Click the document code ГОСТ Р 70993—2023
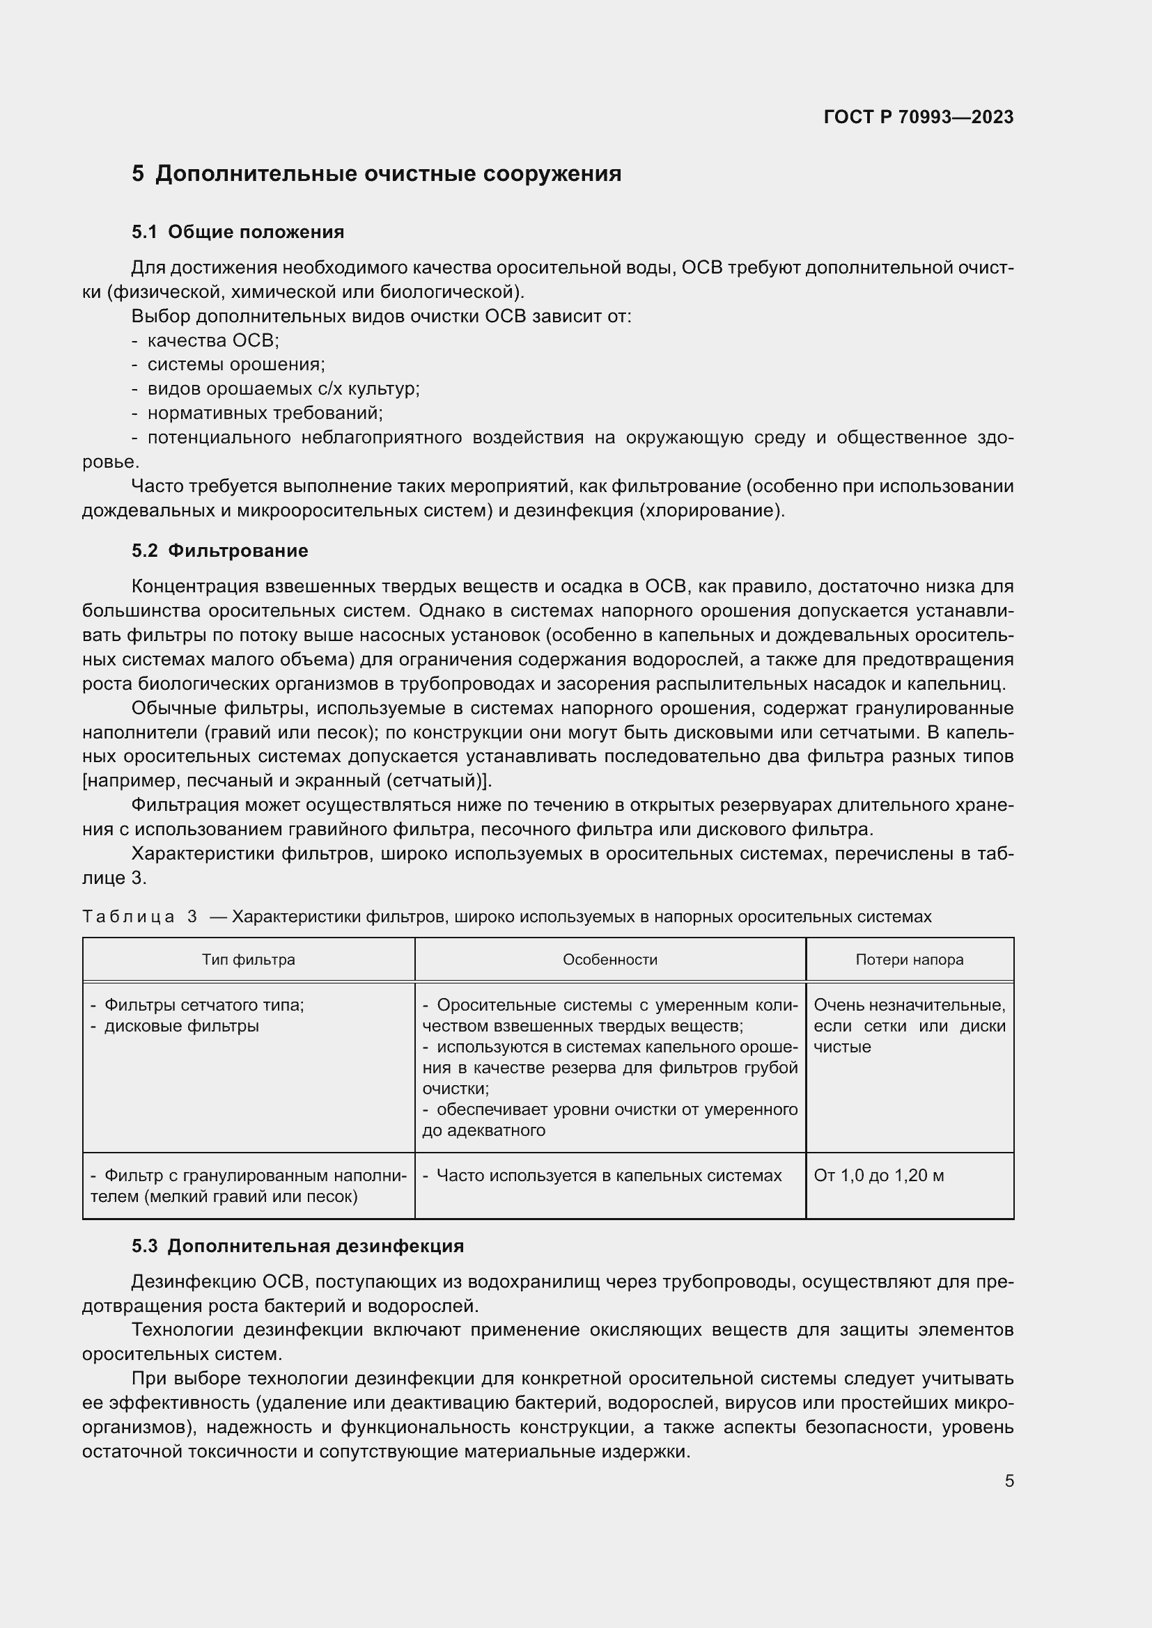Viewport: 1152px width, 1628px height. pyautogui.click(x=918, y=118)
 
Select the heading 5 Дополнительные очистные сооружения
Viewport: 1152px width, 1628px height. pyautogui.click(x=376, y=174)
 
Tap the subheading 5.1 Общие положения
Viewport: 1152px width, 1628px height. pyautogui.click(x=238, y=232)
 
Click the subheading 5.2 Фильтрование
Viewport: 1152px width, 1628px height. pyautogui.click(x=220, y=551)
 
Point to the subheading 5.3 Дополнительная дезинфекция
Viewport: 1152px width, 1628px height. pyautogui.click(x=298, y=1245)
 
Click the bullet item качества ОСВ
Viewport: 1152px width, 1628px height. pyautogui.click(x=213, y=340)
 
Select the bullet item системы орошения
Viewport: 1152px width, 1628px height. pyautogui.click(x=235, y=365)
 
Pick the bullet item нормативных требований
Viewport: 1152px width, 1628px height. pyautogui.click(x=265, y=413)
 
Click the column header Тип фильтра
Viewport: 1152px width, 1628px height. pyautogui.click(x=248, y=959)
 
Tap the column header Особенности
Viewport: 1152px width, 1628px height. pyautogui.click(x=610, y=959)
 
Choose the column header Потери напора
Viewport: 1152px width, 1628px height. pyautogui.click(x=910, y=959)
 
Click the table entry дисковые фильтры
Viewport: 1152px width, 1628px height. pyautogui.click(x=181, y=1026)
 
